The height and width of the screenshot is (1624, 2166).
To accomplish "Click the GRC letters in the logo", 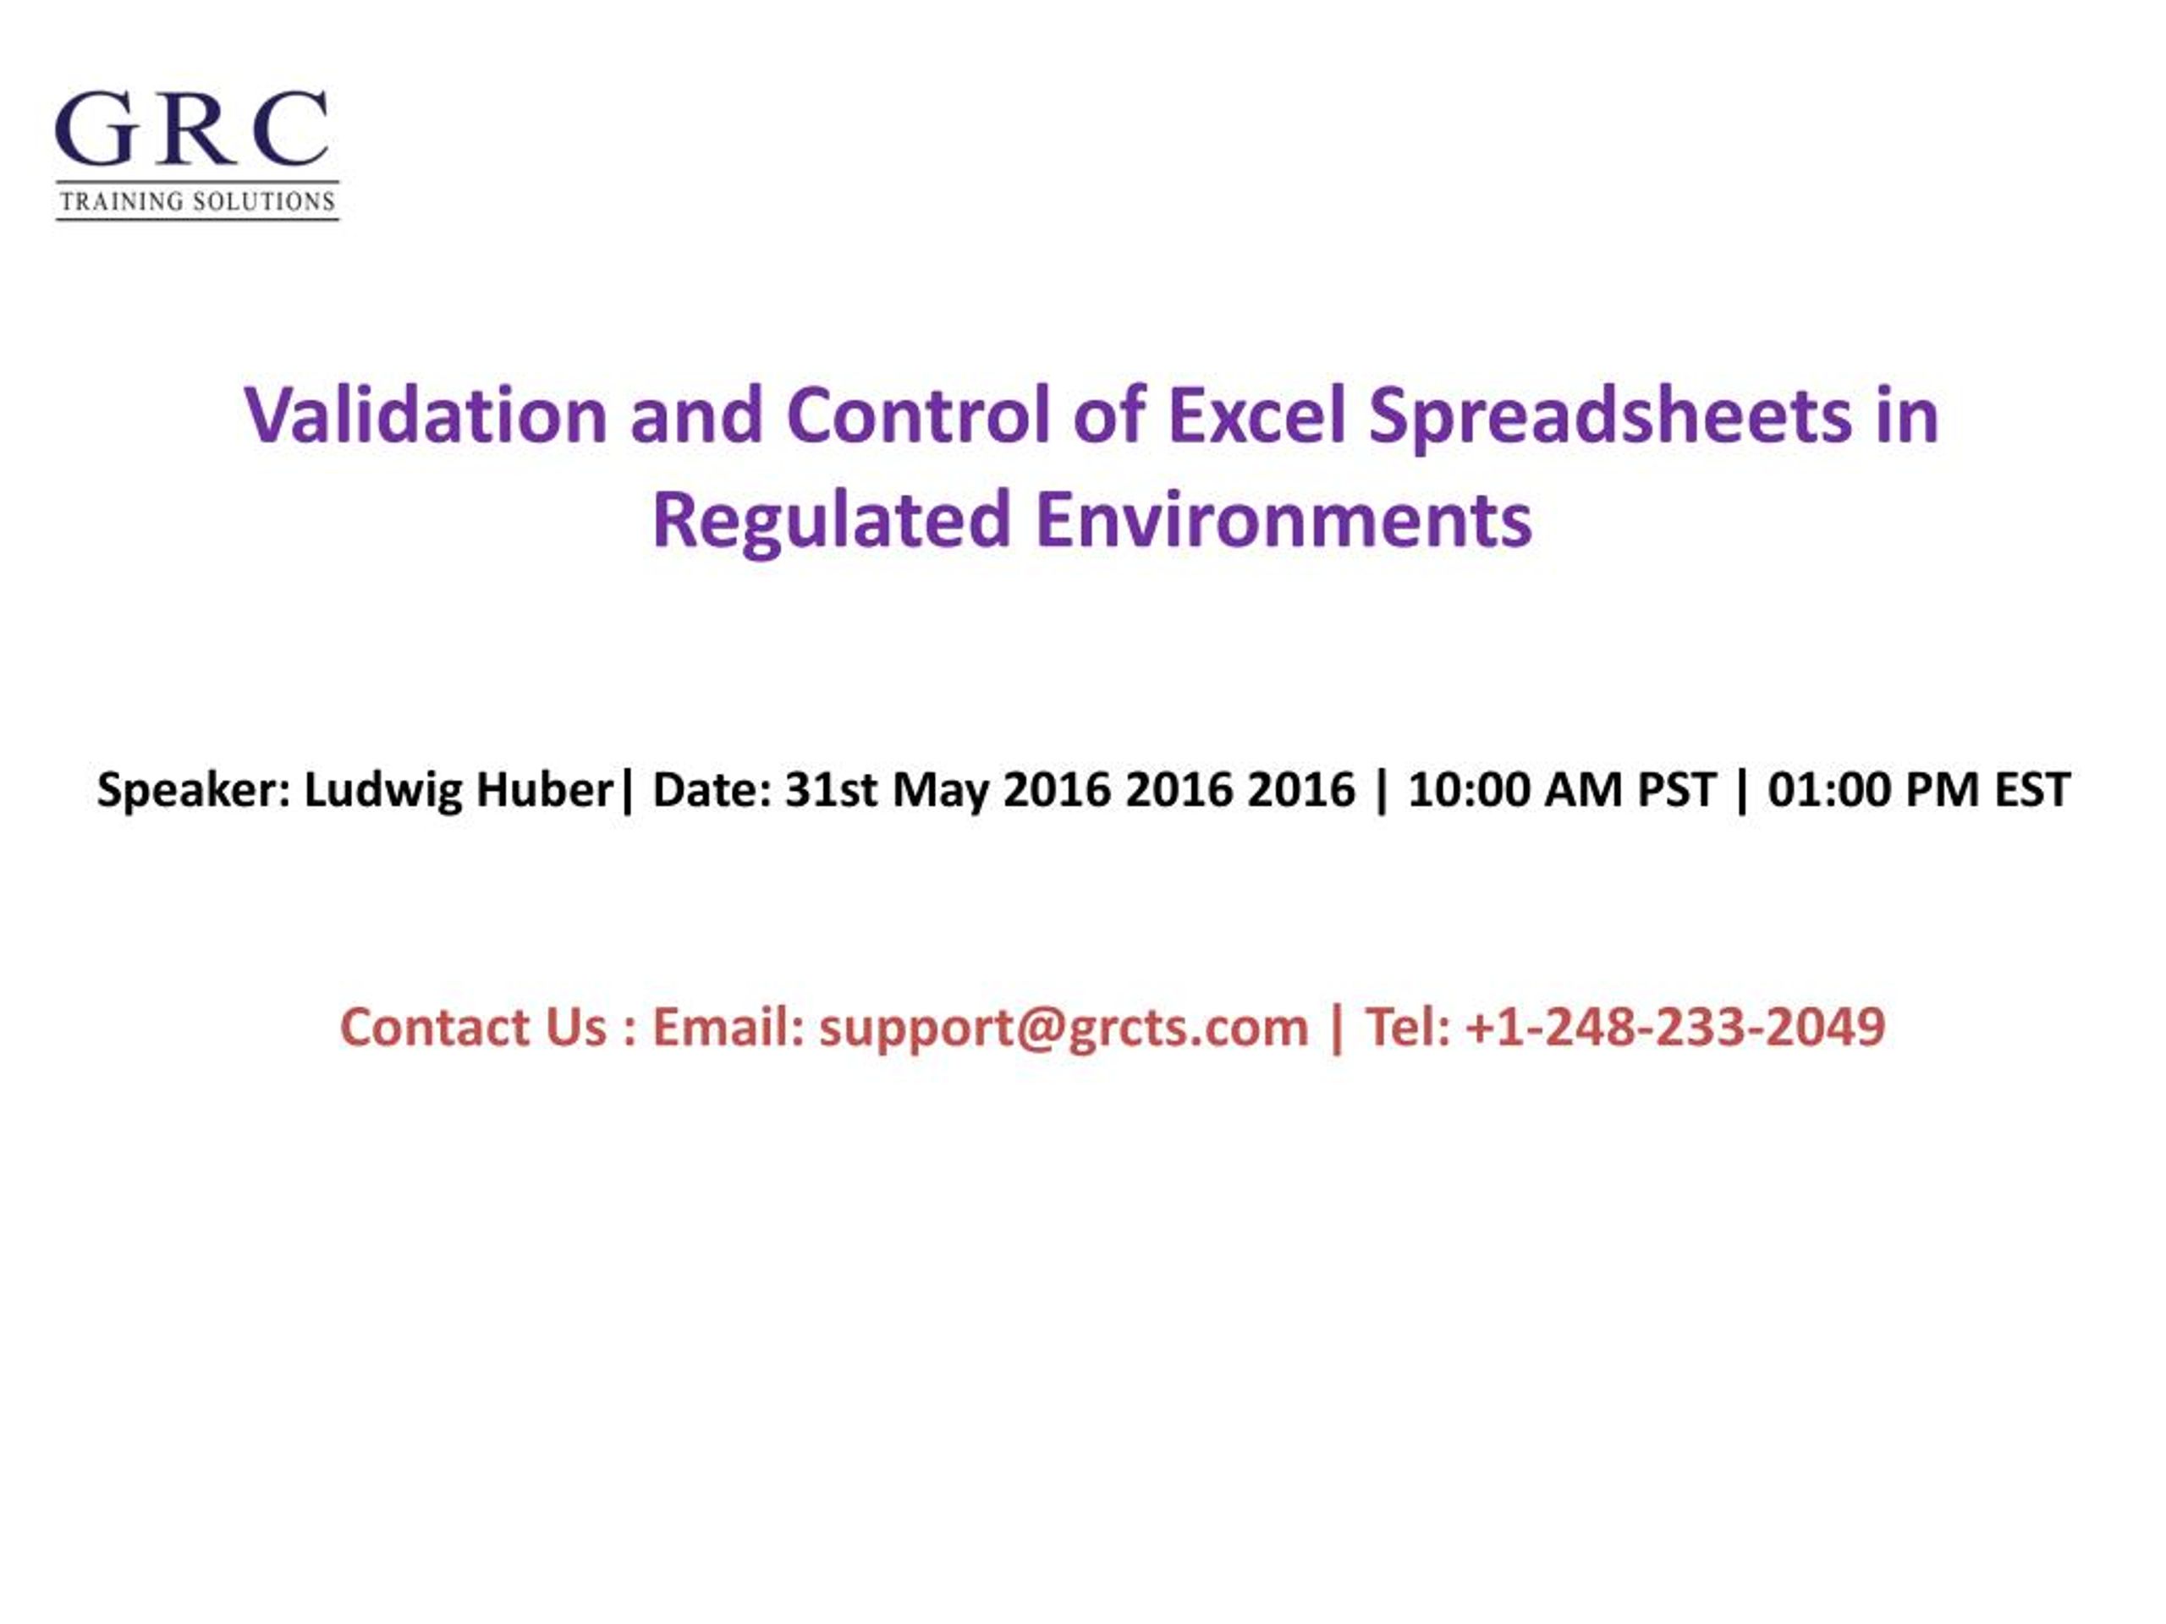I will point(192,129).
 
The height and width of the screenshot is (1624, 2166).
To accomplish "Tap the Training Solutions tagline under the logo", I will point(197,201).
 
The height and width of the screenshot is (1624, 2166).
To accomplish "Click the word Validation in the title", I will point(426,415).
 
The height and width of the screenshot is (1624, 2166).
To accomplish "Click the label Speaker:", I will point(194,790).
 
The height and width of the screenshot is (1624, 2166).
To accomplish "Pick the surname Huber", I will point(543,790).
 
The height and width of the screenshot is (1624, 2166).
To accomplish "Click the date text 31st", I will point(830,790).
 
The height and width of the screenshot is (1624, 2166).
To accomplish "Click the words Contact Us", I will point(473,1027).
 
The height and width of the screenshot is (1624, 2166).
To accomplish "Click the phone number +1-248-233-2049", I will point(1675,1027).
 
